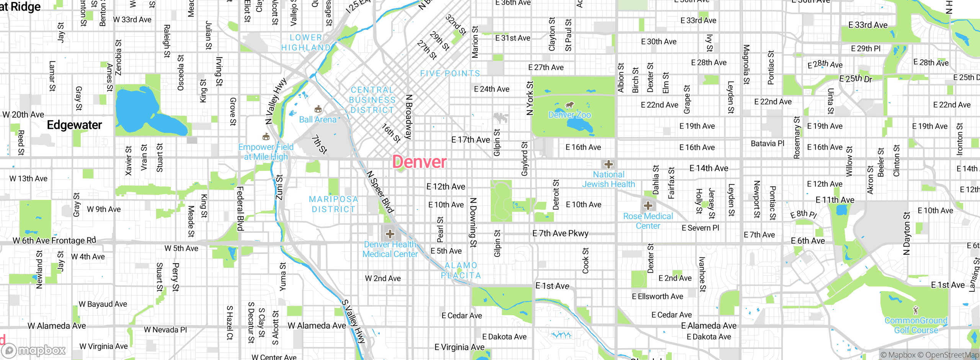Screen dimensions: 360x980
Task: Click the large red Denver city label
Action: [419, 162]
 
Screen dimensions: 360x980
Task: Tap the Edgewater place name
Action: [74, 125]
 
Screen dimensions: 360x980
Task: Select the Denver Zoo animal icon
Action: [570, 105]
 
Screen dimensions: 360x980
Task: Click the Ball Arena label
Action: [317, 119]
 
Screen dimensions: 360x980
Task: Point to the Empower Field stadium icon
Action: [266, 137]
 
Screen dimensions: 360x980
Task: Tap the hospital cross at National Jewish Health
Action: [609, 165]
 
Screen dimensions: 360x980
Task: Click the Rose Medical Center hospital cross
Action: [648, 206]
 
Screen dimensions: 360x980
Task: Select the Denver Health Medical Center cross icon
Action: [390, 234]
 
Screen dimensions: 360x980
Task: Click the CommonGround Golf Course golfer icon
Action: [916, 310]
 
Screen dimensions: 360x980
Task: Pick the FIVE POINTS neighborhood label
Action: [450, 74]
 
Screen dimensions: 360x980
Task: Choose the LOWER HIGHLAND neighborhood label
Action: [306, 43]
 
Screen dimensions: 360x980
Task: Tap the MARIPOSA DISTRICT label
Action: [333, 204]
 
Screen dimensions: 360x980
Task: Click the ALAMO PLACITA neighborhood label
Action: [461, 270]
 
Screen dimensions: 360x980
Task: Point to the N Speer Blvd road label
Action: [380, 191]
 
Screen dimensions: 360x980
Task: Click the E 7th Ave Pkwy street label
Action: [560, 233]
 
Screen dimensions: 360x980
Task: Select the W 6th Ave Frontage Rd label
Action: [54, 241]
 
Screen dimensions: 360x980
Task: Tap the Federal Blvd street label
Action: [240, 209]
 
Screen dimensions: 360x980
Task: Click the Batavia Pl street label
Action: [767, 144]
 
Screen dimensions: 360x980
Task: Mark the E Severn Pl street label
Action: [700, 228]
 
